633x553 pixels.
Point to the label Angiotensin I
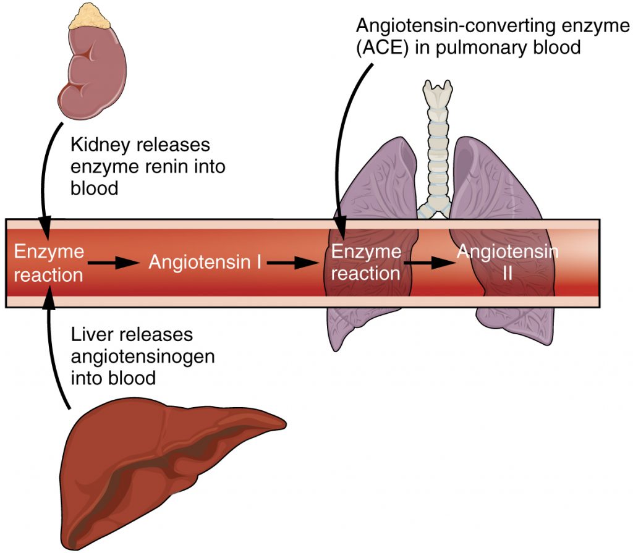[x=203, y=263]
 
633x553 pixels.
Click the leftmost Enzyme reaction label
[x=48, y=263]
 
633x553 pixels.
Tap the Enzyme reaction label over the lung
[x=365, y=263]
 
